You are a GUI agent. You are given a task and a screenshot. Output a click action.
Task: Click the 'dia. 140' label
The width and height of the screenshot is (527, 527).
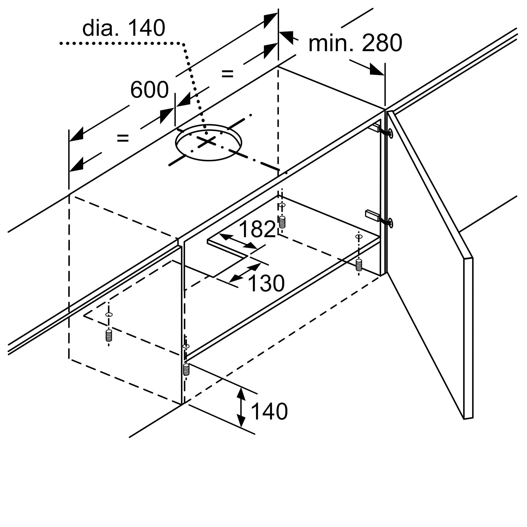click(x=124, y=28)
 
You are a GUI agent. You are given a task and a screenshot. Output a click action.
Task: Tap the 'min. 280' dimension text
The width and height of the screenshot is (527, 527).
click(x=355, y=43)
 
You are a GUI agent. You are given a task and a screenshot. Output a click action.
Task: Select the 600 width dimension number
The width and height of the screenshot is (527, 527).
click(x=149, y=90)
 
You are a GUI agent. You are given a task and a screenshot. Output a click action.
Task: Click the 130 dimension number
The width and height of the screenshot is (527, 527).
click(x=266, y=284)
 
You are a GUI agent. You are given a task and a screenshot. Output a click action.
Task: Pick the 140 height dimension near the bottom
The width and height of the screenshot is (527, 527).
click(x=269, y=411)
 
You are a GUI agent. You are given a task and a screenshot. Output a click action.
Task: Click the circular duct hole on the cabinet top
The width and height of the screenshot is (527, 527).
click(x=209, y=142)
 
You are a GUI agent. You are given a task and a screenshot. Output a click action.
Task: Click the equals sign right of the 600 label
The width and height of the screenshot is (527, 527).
click(x=227, y=74)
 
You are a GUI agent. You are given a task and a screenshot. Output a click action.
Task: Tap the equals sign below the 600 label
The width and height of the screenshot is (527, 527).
click(x=123, y=138)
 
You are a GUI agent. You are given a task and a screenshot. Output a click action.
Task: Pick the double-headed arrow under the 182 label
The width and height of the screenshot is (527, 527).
click(x=238, y=241)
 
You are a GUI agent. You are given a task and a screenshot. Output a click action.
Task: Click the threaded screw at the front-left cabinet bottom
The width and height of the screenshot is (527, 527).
click(x=109, y=335)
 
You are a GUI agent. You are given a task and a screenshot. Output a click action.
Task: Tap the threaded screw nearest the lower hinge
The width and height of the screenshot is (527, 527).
click(x=359, y=265)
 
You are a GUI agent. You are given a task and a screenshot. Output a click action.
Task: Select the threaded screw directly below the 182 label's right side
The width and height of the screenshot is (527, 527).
click(x=282, y=222)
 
